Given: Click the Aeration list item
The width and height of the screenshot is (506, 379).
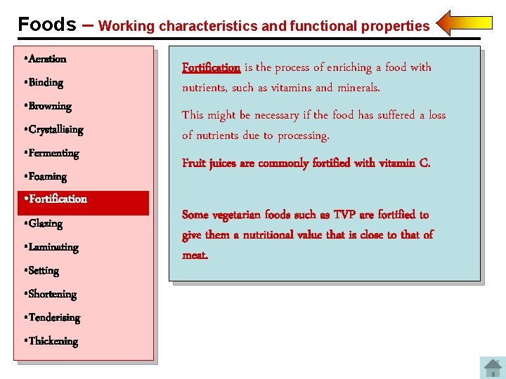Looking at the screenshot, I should pos(47,59).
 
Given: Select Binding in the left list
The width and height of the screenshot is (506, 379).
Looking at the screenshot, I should pos(46,83).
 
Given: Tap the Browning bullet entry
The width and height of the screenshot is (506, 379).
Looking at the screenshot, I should pos(50,106).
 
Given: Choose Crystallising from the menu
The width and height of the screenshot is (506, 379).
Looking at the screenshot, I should pos(56,130).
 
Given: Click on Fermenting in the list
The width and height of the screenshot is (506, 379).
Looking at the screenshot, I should pos(53,153).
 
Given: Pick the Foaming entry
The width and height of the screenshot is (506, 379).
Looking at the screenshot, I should pos(47,177).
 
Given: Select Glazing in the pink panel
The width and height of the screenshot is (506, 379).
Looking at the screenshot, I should pos(46,224).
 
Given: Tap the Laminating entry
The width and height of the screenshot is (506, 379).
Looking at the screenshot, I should pos(53,247).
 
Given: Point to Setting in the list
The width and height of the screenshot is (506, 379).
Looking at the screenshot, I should pos(44,271).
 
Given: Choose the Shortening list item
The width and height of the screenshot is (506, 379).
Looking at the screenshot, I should pos(52,294).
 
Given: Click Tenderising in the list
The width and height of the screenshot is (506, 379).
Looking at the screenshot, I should pos(54,318).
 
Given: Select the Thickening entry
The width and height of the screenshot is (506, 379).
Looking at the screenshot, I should pos(53,341).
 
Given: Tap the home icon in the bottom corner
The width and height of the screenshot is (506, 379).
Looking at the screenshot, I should pos(491,368).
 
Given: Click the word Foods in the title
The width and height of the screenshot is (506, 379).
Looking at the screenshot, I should pos(47,25).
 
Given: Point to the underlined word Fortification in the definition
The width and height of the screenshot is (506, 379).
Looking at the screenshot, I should pos(211,68).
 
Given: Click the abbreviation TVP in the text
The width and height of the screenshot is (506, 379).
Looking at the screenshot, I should pos(344,215).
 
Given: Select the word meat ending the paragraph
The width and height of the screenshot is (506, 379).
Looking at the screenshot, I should pos(195,255).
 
